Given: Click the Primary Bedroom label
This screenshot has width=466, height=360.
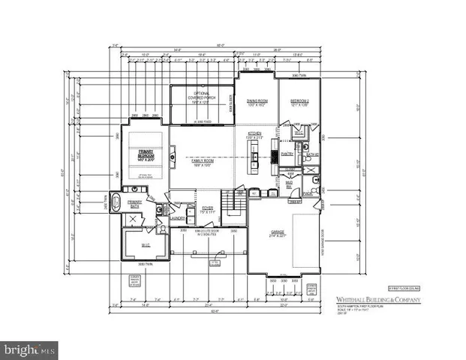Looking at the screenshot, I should pos(145,154).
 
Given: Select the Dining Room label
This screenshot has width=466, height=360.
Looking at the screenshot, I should pos(257,103).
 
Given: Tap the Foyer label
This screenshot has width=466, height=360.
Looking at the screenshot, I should pos(208,209).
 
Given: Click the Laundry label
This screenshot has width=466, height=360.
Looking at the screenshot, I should pos(177,218).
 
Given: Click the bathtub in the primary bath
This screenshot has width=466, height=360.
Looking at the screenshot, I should pos(116,201).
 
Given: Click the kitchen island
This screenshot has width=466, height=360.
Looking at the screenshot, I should pos(254,157).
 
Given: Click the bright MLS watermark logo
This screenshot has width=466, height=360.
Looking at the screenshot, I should pos(30,349).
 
